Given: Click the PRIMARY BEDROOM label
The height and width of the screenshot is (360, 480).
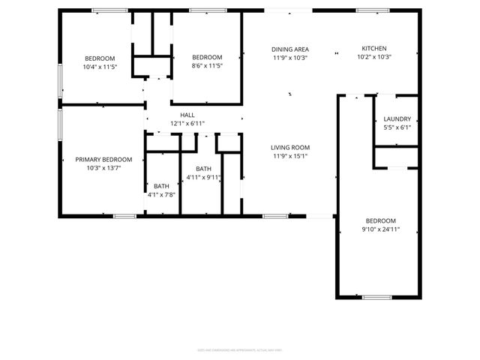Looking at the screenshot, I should click(103, 159).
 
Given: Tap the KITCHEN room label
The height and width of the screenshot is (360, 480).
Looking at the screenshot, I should click(374, 48).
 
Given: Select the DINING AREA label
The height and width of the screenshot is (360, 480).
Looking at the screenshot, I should click(290, 49).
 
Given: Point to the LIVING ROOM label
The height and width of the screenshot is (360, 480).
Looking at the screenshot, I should click(290, 147).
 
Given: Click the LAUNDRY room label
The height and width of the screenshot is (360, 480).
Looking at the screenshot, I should click(397, 118).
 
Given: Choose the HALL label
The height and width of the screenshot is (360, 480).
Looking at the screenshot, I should click(187, 115).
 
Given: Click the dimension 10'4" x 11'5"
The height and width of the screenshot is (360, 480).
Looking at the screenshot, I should click(100, 67).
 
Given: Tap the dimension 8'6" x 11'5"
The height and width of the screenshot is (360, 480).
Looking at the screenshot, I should click(207, 66).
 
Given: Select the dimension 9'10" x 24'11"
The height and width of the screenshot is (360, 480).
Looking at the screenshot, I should click(379, 229).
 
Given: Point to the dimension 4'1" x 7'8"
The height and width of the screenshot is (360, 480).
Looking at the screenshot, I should click(162, 195).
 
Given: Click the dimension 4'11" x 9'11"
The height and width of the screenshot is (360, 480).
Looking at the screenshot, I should click(203, 178).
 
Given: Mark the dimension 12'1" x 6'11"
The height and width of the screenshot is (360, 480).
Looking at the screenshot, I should click(187, 123).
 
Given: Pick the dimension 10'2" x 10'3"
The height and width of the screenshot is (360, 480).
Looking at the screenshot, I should click(374, 57).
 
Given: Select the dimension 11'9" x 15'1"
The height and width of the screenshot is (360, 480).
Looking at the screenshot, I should click(290, 156).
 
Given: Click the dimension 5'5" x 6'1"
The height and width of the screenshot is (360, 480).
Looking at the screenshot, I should click(397, 127).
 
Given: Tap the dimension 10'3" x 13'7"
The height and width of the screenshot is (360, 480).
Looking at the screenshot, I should click(103, 168).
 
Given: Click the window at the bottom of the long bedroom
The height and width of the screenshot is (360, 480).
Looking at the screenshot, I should click(376, 298).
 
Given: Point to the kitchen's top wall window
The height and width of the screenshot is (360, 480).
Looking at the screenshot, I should click(367, 10).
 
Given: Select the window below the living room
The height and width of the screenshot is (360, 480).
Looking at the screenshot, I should click(274, 216).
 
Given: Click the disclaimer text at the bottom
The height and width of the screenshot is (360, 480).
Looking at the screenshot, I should click(239, 349).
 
